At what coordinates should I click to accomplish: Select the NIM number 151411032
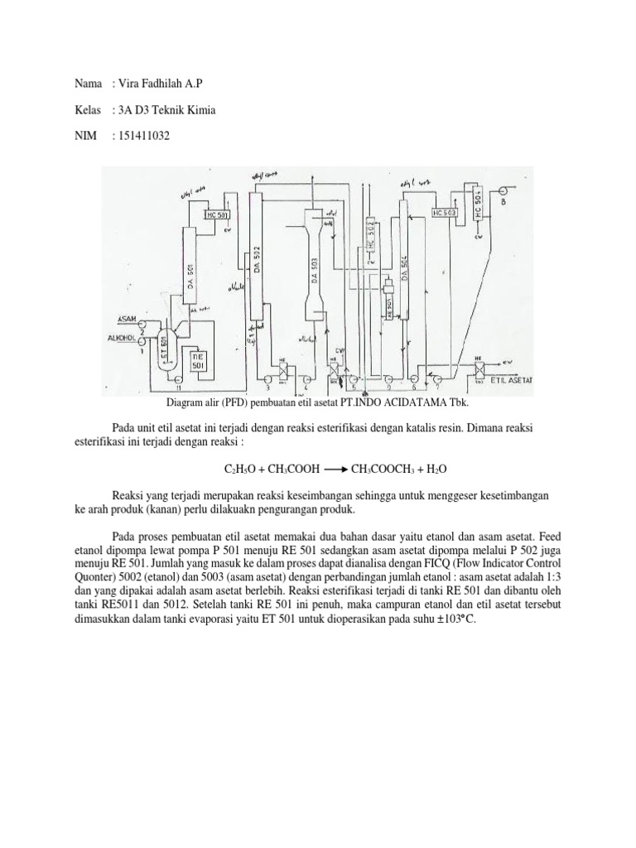pos(143,135)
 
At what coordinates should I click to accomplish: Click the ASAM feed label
pos(128,319)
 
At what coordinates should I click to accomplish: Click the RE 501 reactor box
pos(198,360)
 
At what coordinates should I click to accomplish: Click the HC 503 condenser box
pos(444,212)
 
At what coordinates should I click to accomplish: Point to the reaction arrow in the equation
pos(334,469)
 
